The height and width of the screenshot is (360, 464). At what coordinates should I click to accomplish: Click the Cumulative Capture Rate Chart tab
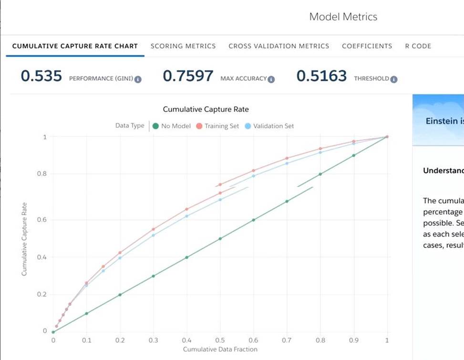(x=75, y=46)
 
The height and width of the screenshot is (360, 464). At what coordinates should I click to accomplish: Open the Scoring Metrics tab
(x=183, y=46)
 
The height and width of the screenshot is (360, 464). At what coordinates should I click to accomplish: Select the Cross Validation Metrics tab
(x=278, y=46)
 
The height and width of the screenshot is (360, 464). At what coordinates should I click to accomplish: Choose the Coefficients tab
(x=367, y=46)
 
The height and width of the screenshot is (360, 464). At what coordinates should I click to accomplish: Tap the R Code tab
(x=418, y=46)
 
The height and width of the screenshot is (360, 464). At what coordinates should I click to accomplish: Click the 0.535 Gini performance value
(x=41, y=76)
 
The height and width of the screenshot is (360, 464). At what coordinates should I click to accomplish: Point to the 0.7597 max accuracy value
(x=188, y=76)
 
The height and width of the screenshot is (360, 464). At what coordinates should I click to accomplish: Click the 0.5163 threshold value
(x=321, y=76)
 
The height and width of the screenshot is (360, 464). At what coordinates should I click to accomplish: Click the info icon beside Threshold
(x=394, y=80)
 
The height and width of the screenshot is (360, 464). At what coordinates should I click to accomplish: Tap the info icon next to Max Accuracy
(x=271, y=80)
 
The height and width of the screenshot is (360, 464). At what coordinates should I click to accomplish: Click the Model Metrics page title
(x=343, y=17)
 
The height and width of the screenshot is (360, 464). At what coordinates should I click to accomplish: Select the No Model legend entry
(x=172, y=126)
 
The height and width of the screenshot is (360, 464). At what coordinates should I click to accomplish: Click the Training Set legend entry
(x=218, y=126)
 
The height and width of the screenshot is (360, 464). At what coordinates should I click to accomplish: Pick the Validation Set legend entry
(x=269, y=126)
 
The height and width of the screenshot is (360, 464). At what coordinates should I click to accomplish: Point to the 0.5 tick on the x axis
(x=220, y=340)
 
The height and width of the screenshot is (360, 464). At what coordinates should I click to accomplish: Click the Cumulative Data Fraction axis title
(x=220, y=350)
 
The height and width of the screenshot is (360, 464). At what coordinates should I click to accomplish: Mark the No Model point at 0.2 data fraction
(x=120, y=295)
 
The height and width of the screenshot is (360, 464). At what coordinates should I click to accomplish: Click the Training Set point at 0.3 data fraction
(x=154, y=229)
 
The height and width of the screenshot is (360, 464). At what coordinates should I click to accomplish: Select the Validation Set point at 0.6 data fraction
(x=254, y=176)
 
